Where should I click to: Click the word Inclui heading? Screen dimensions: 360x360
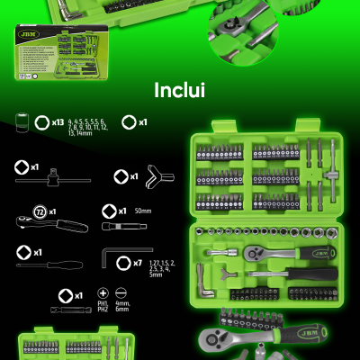pos(180,91)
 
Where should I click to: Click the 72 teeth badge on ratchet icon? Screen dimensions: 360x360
pos(40,212)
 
